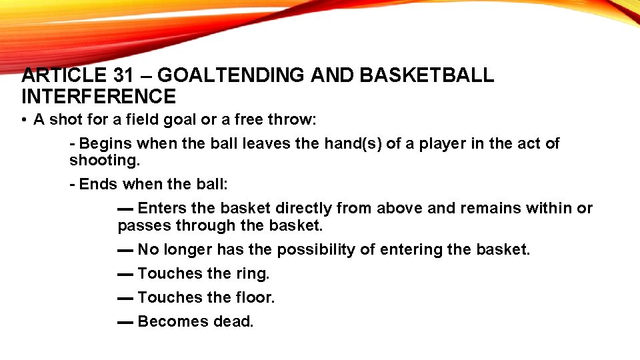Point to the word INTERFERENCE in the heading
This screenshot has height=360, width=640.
99,97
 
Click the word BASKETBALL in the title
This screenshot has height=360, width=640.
427,75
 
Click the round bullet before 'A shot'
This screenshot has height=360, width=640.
23,120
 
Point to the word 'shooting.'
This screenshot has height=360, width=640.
100,161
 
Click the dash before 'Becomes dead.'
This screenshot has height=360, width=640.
125,322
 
